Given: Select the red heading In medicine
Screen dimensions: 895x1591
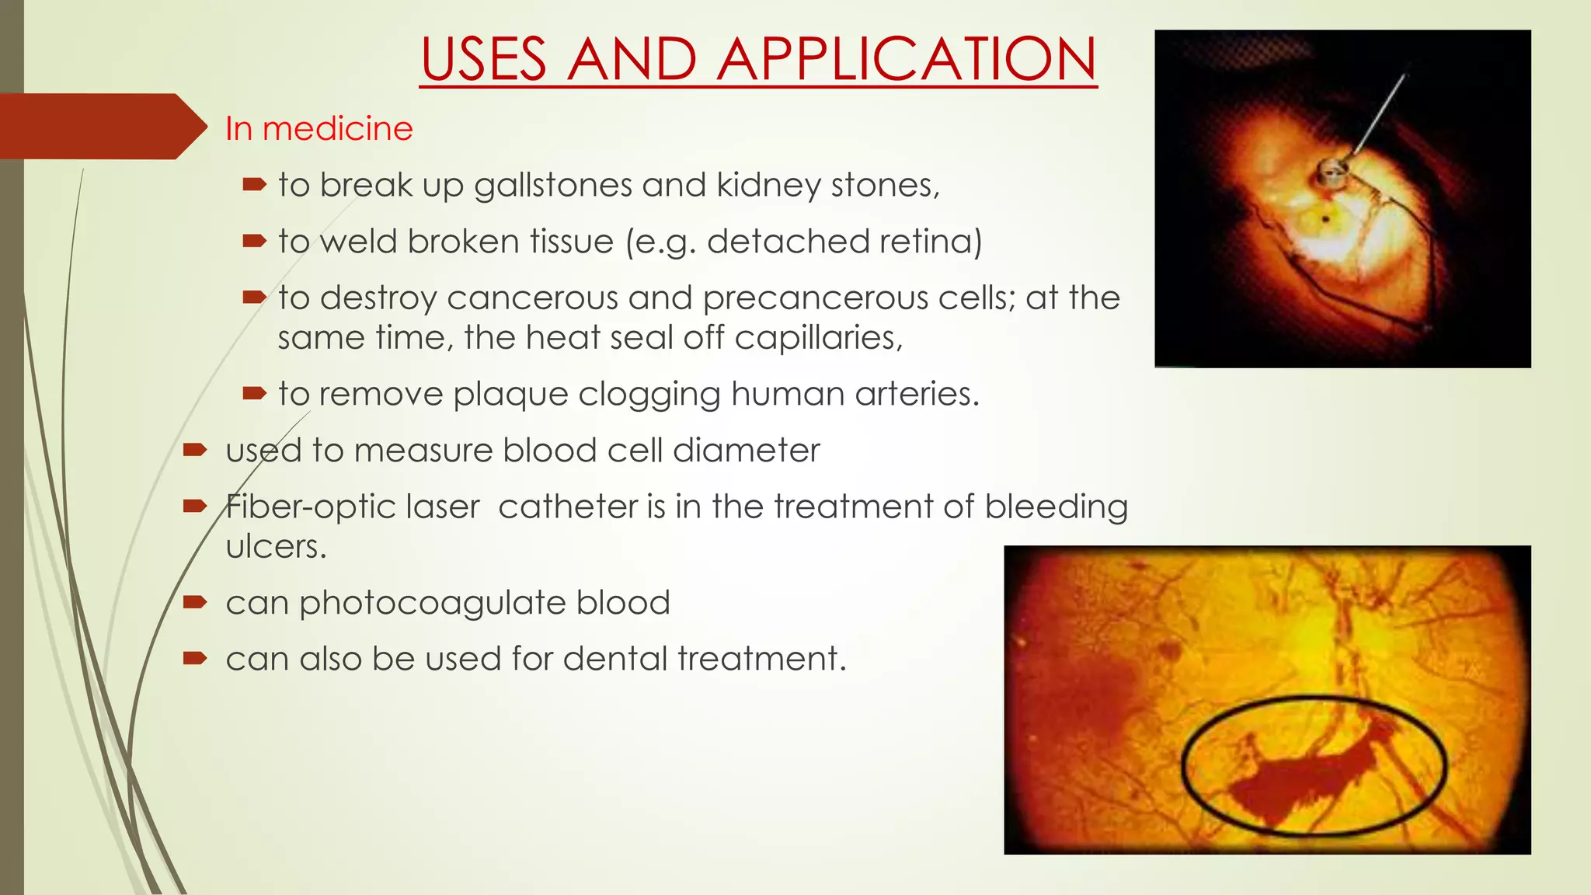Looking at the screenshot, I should click(319, 128).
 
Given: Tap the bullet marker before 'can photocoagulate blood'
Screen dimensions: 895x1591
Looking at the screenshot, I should click(194, 602).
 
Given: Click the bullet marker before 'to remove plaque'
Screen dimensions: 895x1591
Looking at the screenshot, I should click(254, 394).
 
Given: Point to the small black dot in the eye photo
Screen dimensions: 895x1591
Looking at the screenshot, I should click(1326, 220).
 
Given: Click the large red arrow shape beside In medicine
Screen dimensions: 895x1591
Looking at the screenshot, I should click(101, 127).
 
